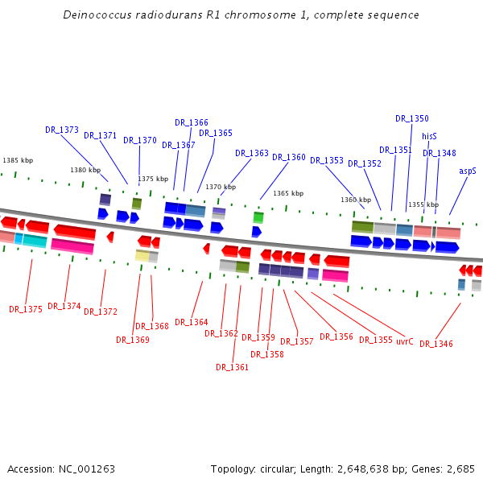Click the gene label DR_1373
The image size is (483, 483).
(x=62, y=130)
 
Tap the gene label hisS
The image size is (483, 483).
(x=429, y=137)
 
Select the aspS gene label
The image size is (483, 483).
(x=468, y=171)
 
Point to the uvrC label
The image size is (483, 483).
(x=404, y=341)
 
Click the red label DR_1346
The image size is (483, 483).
(x=436, y=344)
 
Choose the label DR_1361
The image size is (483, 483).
(x=232, y=367)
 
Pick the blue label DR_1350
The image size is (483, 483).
(x=412, y=118)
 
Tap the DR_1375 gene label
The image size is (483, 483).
(x=26, y=309)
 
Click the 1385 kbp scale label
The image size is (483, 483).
(x=18, y=161)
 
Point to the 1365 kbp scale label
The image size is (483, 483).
(x=288, y=193)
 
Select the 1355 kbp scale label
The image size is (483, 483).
(x=423, y=205)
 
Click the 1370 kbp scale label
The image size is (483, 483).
(x=221, y=187)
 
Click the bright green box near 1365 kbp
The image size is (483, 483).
(x=258, y=217)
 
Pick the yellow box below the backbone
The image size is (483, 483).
(x=142, y=256)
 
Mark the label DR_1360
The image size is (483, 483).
(x=289, y=158)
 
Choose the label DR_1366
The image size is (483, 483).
(x=192, y=122)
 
